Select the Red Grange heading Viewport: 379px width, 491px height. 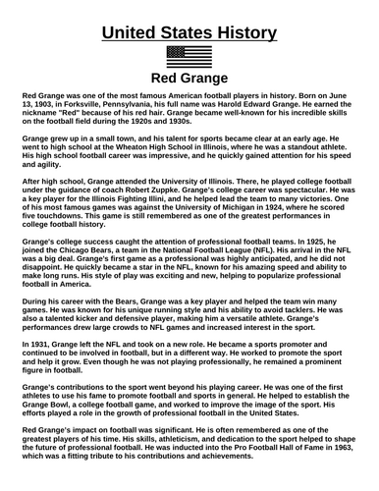(189, 80)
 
